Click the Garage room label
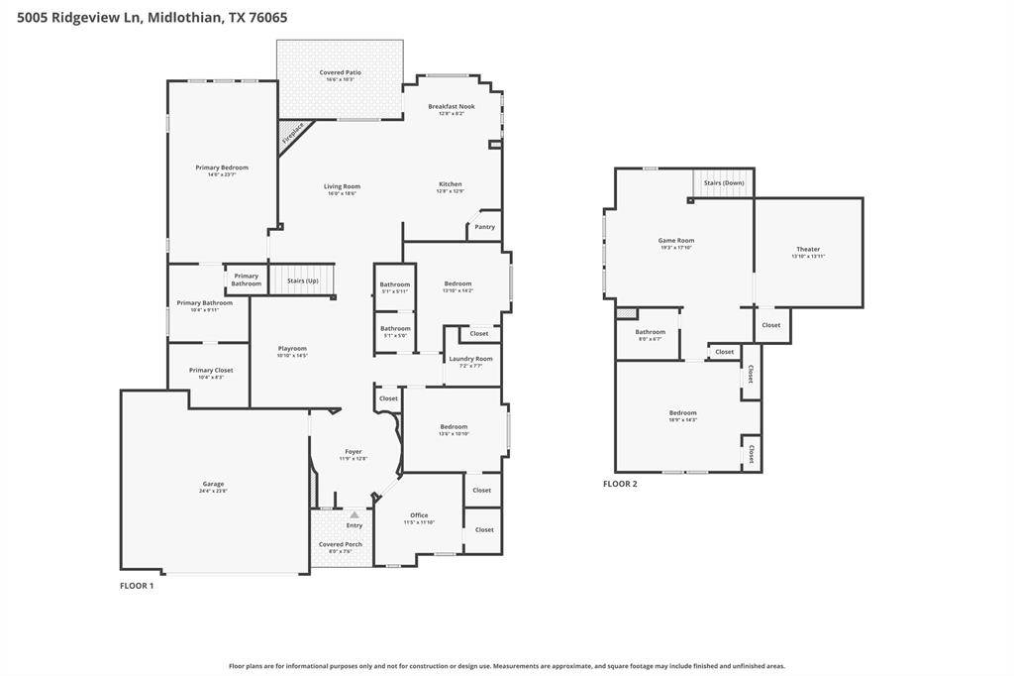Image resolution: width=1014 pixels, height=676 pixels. [213, 485]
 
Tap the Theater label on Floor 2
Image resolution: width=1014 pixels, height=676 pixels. [808, 250]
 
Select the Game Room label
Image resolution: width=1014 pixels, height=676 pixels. [676, 241]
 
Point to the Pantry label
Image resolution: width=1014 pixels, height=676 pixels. [484, 227]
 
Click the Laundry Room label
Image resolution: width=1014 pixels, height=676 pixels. [470, 359]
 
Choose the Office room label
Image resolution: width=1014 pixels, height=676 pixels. [419, 515]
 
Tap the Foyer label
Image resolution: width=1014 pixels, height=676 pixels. [355, 452]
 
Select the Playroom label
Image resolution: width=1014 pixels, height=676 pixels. [292, 349]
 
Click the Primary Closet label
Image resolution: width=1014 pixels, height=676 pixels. [211, 371]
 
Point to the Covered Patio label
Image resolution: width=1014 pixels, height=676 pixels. [340, 72]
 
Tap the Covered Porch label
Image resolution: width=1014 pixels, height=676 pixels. [340, 544]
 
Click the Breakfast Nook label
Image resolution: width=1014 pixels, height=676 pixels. [452, 107]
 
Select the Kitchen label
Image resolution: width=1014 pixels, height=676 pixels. [451, 184]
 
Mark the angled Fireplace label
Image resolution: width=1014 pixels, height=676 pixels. [293, 134]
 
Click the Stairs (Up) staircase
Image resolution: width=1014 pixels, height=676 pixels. [303, 281]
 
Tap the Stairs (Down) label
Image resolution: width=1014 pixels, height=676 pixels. [724, 183]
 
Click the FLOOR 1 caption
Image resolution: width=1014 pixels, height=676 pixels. [137, 586]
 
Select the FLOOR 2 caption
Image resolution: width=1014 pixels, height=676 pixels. [620, 484]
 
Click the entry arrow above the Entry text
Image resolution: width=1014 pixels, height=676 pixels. [354, 514]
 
